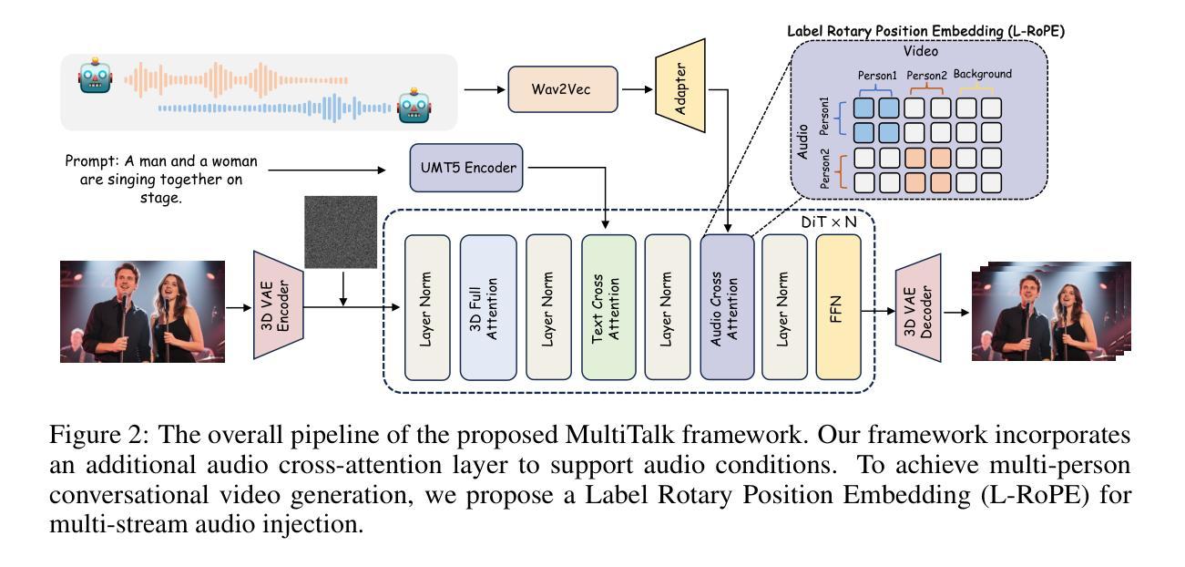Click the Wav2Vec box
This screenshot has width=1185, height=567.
(562, 89)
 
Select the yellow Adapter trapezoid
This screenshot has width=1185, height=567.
(679, 86)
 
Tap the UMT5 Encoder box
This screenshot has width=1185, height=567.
(466, 168)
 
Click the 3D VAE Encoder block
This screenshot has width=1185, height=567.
(279, 305)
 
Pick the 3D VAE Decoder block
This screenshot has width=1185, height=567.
(918, 308)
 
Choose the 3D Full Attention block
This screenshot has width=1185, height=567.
(488, 307)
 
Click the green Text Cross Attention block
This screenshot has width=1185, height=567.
(608, 307)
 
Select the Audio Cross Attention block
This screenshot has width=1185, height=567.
(727, 307)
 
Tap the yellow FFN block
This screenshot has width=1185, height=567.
(838, 307)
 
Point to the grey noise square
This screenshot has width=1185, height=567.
(341, 232)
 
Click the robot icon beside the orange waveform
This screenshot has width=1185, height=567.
(96, 76)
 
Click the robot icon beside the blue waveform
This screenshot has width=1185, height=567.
(414, 106)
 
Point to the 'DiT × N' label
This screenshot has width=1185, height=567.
(829, 222)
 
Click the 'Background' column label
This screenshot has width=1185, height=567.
(983, 74)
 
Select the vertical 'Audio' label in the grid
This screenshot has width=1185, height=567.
(802, 142)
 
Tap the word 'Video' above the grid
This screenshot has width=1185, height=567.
(921, 51)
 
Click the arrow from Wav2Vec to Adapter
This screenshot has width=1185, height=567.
(638, 89)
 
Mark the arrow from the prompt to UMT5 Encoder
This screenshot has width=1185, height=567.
(327, 170)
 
